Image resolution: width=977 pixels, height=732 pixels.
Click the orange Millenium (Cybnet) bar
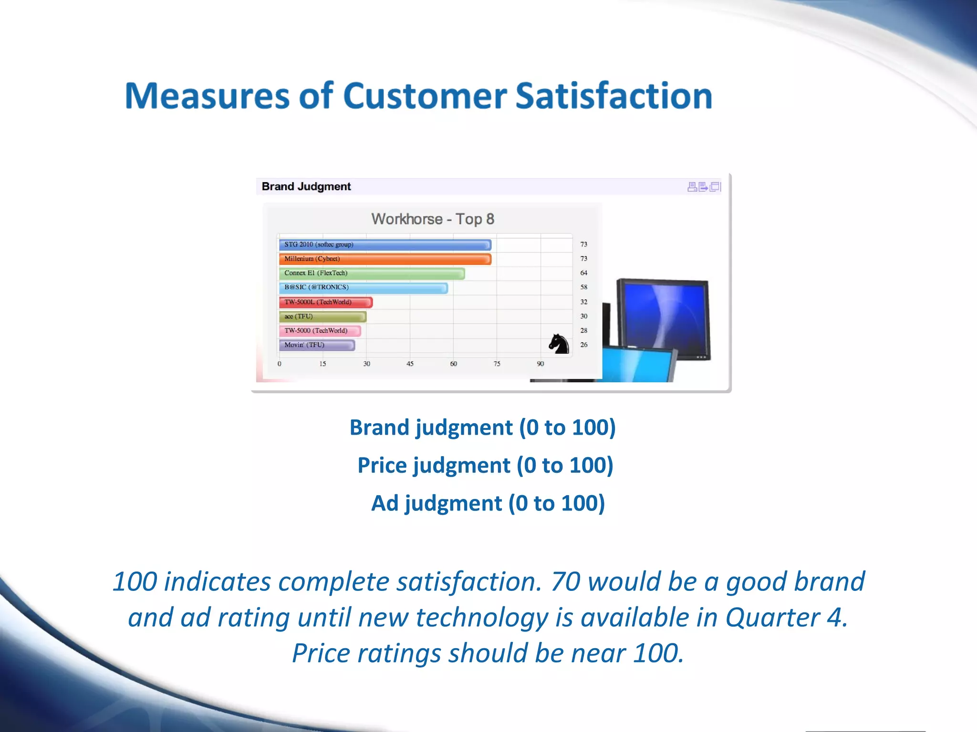pyautogui.click(x=385, y=259)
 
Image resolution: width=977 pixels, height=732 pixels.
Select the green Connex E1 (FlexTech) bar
pyautogui.click(x=372, y=273)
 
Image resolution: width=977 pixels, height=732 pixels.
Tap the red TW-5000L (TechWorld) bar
pyautogui.click(x=325, y=302)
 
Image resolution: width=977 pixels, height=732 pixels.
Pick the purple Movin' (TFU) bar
pyautogui.click(x=317, y=345)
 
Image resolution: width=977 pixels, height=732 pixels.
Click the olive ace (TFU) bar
pyautogui.click(x=322, y=316)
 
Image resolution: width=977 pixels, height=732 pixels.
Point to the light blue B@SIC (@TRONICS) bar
pyautogui.click(x=363, y=287)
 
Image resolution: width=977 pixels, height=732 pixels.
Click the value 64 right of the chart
pyautogui.click(x=583, y=273)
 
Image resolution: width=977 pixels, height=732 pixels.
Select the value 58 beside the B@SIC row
pyautogui.click(x=583, y=287)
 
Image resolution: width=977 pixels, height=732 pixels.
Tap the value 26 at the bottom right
pyautogui.click(x=583, y=345)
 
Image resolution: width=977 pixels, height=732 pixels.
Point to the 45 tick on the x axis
pyautogui.click(x=410, y=364)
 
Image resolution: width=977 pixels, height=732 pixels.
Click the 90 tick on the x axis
pyautogui.click(x=540, y=364)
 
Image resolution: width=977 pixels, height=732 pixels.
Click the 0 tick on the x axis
pyautogui.click(x=280, y=364)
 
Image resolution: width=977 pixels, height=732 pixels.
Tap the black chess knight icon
pyautogui.click(x=559, y=344)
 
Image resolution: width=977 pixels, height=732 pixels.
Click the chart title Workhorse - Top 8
pyautogui.click(x=432, y=219)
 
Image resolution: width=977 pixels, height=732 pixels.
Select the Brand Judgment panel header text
pyautogui.click(x=306, y=186)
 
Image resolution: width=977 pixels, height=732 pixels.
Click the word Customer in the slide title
pyautogui.click(x=425, y=96)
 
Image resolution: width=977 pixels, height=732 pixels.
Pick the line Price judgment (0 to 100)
pyautogui.click(x=485, y=465)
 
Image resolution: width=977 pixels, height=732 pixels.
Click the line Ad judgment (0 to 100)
pyautogui.click(x=488, y=503)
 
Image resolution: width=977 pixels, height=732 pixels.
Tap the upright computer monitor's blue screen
pyautogui.click(x=664, y=317)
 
